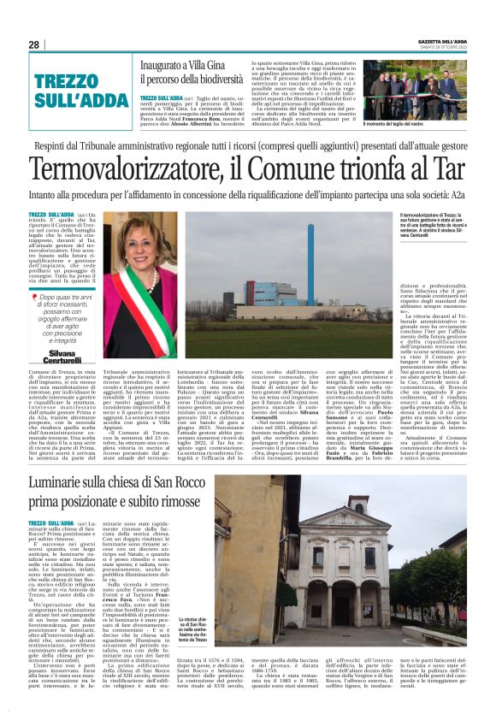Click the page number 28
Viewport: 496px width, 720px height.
[33, 44]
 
